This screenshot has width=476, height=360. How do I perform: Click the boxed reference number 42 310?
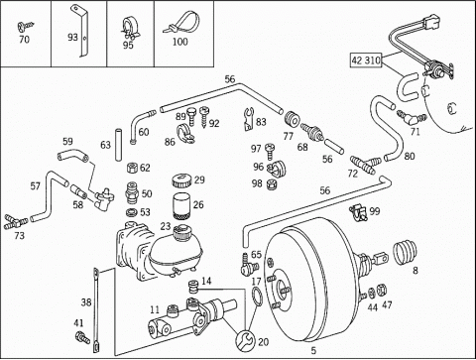366,60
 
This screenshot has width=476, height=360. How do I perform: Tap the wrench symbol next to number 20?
245,339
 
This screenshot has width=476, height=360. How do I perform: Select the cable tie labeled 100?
181,23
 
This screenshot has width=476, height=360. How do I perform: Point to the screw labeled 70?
25,26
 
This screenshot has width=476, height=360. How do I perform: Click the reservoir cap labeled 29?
181,180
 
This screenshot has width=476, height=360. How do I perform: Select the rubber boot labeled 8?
406,253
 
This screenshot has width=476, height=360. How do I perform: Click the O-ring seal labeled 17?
257,297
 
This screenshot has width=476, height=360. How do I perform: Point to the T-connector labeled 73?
15,221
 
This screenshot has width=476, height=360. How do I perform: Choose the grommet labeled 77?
293,119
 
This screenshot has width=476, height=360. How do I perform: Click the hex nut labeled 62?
132,168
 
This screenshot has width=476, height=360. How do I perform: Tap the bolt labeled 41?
82,337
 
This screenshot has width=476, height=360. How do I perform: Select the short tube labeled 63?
118,145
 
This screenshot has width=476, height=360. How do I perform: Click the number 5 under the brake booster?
313,350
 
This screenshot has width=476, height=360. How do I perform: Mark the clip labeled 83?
248,119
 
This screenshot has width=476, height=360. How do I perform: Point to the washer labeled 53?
133,212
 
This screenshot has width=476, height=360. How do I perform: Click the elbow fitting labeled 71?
412,117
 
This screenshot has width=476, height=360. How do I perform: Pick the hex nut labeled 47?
381,290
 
